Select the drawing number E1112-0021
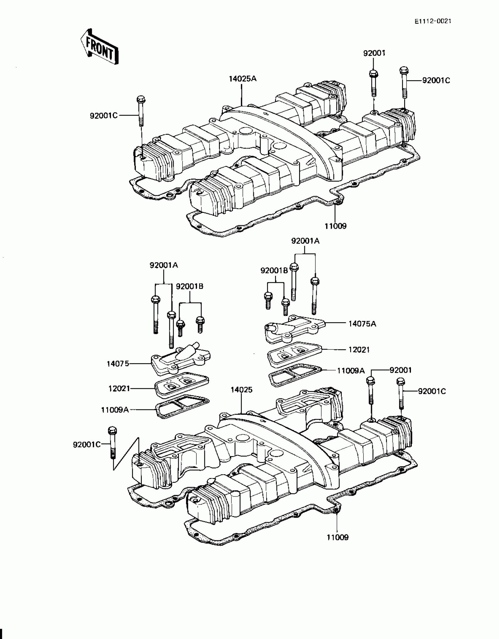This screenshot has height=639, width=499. click(433, 21)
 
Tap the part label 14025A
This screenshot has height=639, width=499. click(243, 79)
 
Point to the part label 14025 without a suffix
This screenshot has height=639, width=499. click(241, 390)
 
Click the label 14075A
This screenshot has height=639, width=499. click(362, 324)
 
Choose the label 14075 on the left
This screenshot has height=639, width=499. click(118, 364)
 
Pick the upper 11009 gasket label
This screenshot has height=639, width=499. click(336, 226)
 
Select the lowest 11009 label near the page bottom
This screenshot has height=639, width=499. click(338, 537)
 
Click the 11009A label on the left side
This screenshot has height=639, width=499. click(115, 410)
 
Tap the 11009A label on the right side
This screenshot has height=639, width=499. click(351, 371)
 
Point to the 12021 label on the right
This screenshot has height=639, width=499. click(359, 350)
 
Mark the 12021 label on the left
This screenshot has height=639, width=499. click(119, 389)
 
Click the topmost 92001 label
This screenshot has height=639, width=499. click(374, 53)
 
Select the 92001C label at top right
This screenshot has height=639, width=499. click(436, 80)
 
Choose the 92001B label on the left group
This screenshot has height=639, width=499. click(190, 286)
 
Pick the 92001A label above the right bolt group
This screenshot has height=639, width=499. click(305, 241)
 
